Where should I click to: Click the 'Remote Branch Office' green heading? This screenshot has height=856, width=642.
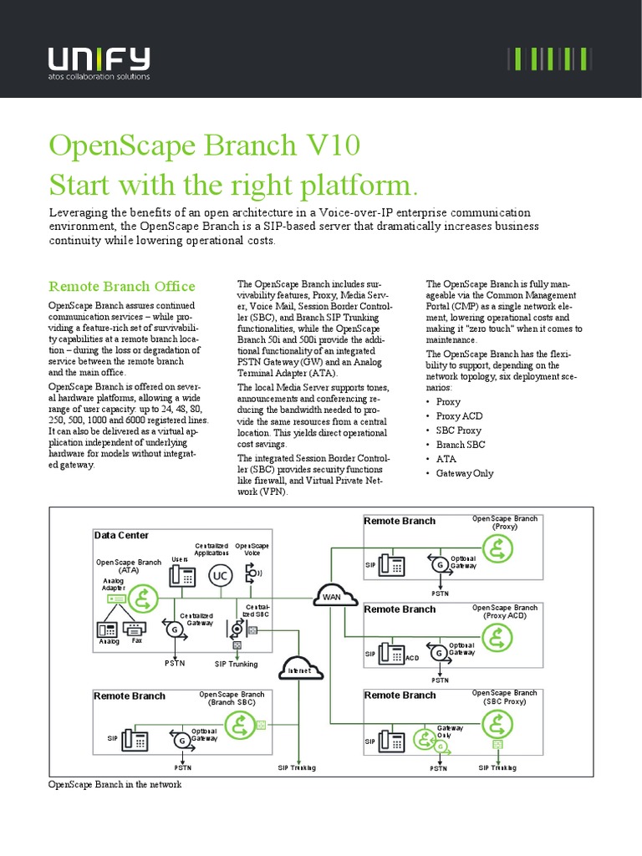click(x=122, y=287)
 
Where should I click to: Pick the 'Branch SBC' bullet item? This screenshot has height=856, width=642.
click(x=460, y=445)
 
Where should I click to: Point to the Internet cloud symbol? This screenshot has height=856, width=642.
click(x=299, y=670)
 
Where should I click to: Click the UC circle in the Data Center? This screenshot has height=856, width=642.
click(x=221, y=577)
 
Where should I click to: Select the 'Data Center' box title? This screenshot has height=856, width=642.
click(x=121, y=535)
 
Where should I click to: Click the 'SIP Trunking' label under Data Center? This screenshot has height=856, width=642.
click(x=237, y=664)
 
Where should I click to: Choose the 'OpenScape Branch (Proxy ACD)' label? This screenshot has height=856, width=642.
click(x=504, y=612)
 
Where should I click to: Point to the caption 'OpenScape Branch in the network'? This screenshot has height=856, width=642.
click(x=115, y=785)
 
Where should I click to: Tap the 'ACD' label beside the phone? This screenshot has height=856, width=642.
click(x=412, y=659)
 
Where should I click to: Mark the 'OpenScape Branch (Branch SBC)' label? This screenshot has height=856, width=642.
click(x=232, y=699)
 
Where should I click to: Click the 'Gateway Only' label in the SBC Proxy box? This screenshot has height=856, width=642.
click(x=456, y=732)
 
